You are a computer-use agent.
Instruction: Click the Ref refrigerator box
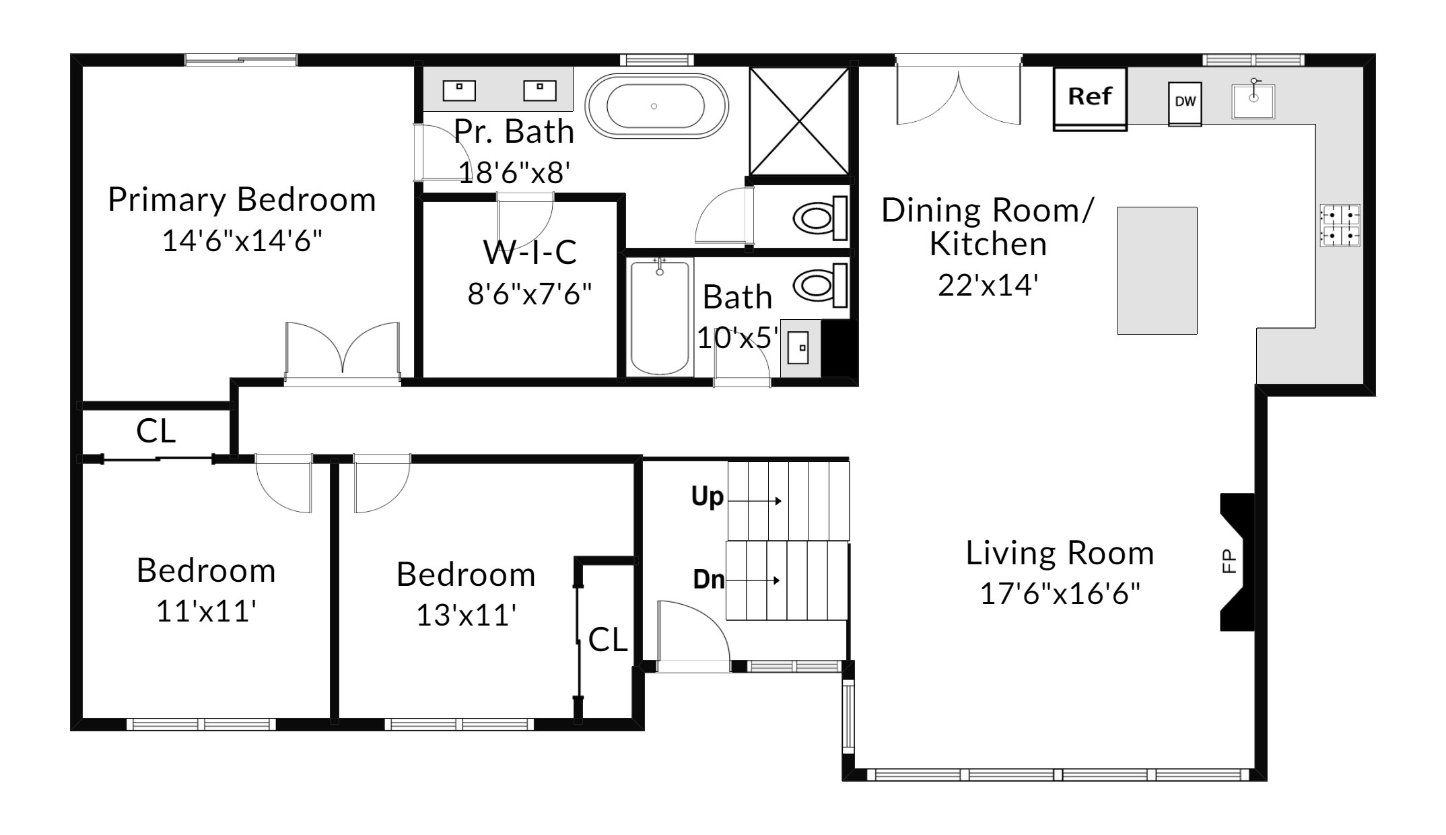pyautogui.click(x=1089, y=98)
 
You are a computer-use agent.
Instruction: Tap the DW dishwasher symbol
pyautogui.click(x=1185, y=103)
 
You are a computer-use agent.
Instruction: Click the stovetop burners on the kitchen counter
pyautogui.click(x=1340, y=226)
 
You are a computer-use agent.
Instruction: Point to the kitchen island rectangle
pyautogui.click(x=1157, y=271)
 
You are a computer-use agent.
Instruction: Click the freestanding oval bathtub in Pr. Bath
pyautogui.click(x=656, y=106)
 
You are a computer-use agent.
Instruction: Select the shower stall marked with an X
pyautogui.click(x=799, y=121)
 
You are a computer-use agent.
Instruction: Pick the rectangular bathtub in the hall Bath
pyautogui.click(x=660, y=317)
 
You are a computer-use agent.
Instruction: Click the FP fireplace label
pyautogui.click(x=1229, y=562)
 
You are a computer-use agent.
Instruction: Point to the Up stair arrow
pyautogui.click(x=755, y=501)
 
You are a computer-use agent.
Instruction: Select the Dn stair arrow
pyautogui.click(x=753, y=580)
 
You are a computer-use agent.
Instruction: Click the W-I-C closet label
pyautogui.click(x=530, y=252)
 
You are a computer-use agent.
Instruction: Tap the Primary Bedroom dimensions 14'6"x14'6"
pyautogui.click(x=242, y=240)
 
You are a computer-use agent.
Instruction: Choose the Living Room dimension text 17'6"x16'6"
pyautogui.click(x=1060, y=594)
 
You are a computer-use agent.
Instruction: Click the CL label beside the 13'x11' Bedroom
pyautogui.click(x=608, y=640)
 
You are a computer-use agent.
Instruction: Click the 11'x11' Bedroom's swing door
pyautogui.click(x=284, y=483)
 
